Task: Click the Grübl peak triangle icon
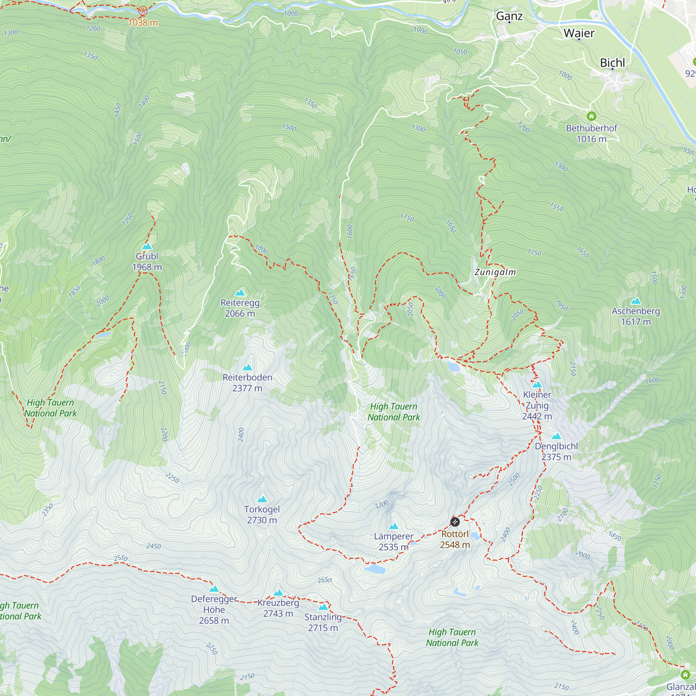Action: pyautogui.click(x=147, y=246)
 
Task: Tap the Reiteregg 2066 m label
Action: pyautogui.click(x=240, y=308)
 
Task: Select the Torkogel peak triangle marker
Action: pyautogui.click(x=262, y=499)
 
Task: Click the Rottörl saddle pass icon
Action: pyautogui.click(x=455, y=522)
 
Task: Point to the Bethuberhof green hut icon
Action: pyautogui.click(x=591, y=116)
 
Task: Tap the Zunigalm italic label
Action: pyautogui.click(x=495, y=272)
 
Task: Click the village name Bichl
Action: pyautogui.click(x=612, y=63)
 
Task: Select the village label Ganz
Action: pyautogui.click(x=509, y=16)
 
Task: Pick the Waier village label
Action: pyautogui.click(x=579, y=33)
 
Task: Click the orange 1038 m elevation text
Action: pyautogui.click(x=143, y=23)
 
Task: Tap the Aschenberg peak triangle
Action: pyautogui.click(x=636, y=301)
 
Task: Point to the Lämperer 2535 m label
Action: pyautogui.click(x=393, y=541)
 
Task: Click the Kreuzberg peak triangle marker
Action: pyautogui.click(x=278, y=593)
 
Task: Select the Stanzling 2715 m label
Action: pyautogui.click(x=323, y=622)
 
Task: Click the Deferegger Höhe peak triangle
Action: pyautogui.click(x=214, y=589)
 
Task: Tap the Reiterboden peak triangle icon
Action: pyautogui.click(x=247, y=367)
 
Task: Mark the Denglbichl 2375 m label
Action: pyautogui.click(x=556, y=451)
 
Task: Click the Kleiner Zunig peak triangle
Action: pyautogui.click(x=537, y=385)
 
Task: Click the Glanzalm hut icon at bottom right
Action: pyautogui.click(x=685, y=674)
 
